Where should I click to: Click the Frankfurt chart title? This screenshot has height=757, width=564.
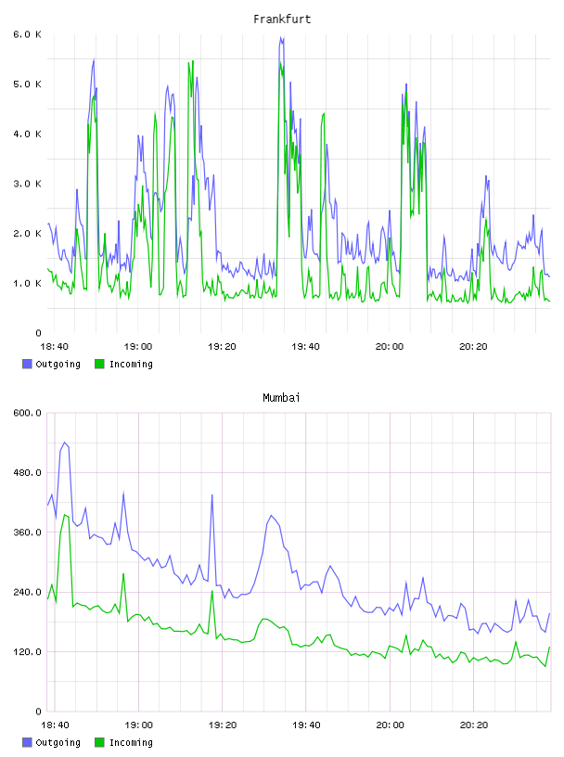tap(282, 19)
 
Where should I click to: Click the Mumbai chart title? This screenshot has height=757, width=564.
tap(281, 398)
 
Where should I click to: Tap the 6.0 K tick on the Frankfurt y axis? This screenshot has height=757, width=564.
tap(27, 34)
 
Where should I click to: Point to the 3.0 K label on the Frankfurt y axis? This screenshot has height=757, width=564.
tap(27, 184)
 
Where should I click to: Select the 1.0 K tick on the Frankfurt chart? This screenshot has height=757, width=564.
tap(27, 283)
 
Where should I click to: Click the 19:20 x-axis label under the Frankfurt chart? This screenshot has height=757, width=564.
tap(222, 346)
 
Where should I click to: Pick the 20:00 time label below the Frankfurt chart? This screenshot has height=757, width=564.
tap(390, 346)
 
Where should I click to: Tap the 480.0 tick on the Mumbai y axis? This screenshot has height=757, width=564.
tap(27, 472)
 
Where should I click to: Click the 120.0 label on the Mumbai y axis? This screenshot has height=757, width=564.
tap(27, 651)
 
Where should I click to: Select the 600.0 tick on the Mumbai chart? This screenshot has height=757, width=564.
tap(27, 413)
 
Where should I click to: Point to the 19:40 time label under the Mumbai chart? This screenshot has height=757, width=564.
tap(306, 725)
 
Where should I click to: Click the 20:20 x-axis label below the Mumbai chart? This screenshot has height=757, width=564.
tap(473, 725)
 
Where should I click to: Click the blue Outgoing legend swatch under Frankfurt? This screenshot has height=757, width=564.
tap(27, 364)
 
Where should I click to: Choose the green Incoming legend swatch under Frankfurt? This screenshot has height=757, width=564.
tap(99, 364)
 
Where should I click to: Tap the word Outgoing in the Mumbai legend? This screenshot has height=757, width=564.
tap(58, 742)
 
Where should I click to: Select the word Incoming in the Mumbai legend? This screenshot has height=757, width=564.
tap(131, 742)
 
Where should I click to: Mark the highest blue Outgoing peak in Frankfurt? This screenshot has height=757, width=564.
tap(280, 37)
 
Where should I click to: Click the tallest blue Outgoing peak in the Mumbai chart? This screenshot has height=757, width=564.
tap(65, 443)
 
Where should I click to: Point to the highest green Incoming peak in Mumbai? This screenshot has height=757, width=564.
tap(65, 515)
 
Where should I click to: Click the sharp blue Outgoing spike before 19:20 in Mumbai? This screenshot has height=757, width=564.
tap(211, 494)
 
